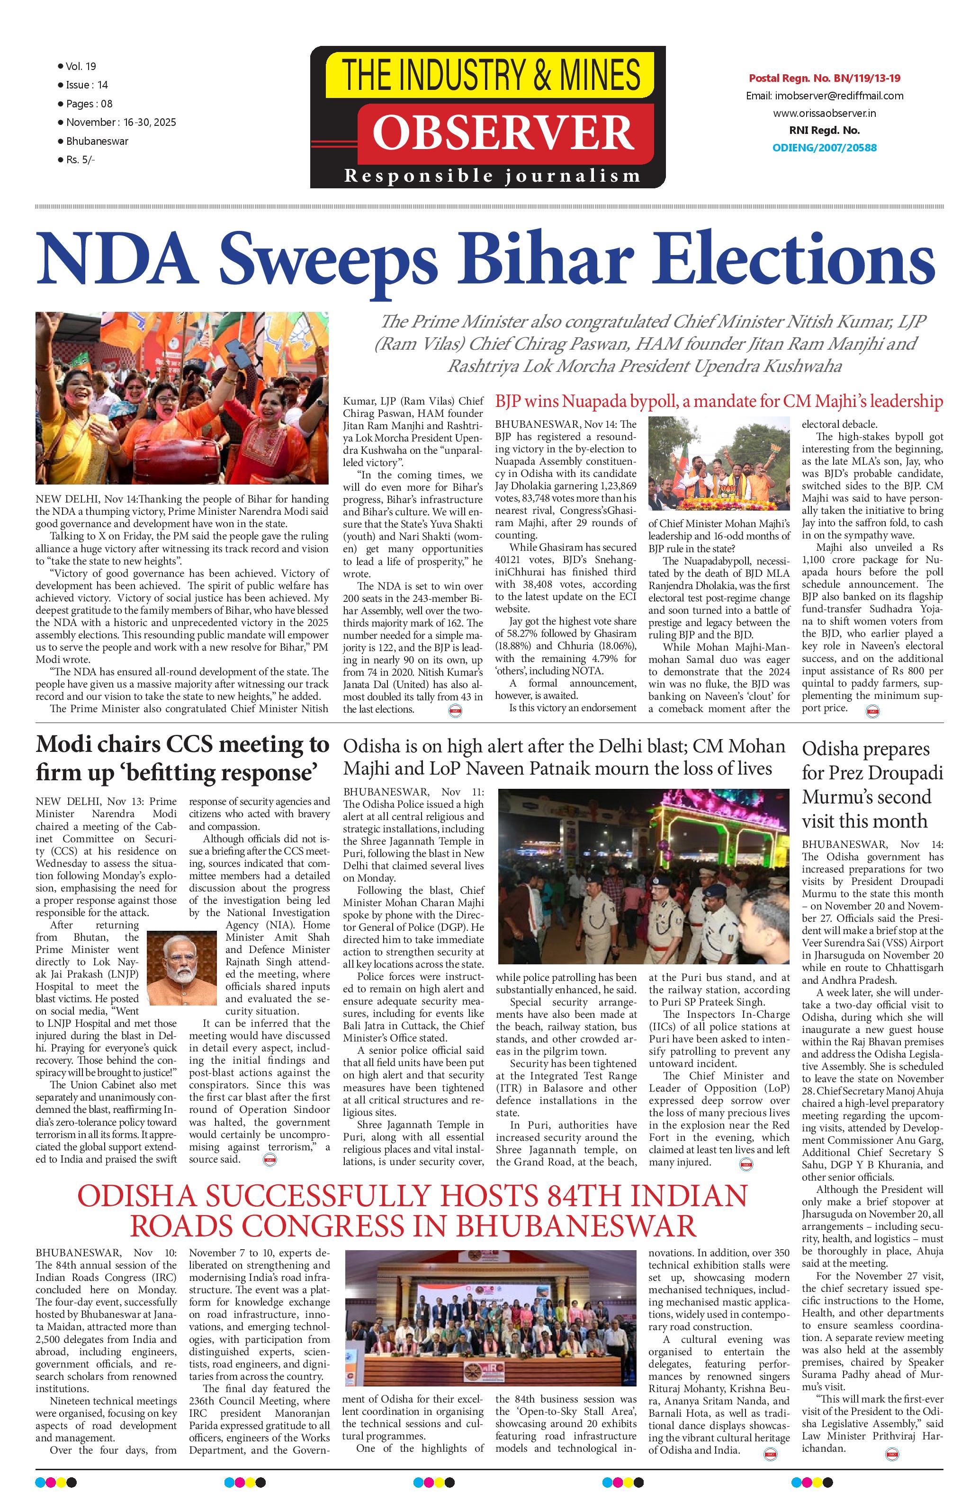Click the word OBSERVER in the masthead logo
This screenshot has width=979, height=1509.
503,133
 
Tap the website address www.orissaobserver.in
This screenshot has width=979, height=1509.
824,114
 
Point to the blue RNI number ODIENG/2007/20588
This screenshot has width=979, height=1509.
824,148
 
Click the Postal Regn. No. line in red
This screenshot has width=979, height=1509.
824,79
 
